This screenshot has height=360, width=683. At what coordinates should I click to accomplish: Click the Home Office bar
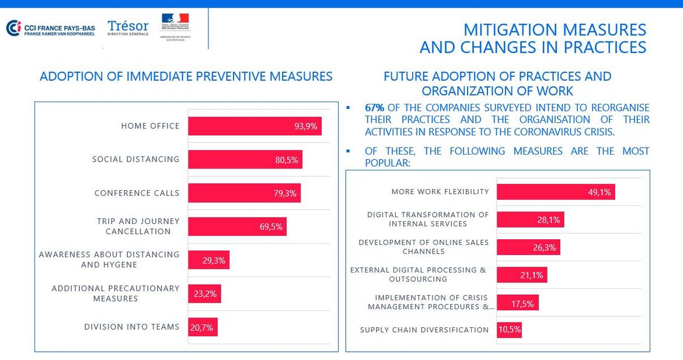[255, 126]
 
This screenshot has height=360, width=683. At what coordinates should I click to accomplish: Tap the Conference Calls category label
[137, 193]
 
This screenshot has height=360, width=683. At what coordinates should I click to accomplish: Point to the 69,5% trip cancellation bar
[237, 226]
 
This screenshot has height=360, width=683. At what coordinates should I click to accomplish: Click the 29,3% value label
[214, 260]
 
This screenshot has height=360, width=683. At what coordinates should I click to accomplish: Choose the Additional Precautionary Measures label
[116, 293]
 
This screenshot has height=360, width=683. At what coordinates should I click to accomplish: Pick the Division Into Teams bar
[203, 327]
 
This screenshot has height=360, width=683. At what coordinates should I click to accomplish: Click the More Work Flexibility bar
[555, 192]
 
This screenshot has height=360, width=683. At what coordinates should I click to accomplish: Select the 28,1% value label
[548, 220]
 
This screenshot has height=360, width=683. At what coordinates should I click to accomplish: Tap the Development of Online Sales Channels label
[424, 247]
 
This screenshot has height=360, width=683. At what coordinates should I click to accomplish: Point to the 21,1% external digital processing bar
[522, 275]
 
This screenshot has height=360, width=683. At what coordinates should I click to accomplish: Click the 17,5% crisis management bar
[518, 302]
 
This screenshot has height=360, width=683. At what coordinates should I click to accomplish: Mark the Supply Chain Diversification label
[424, 330]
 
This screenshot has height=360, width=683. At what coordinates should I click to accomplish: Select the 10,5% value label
[510, 330]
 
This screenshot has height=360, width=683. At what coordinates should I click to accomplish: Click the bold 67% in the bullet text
[374, 108]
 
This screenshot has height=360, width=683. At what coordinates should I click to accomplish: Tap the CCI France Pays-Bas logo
[50, 28]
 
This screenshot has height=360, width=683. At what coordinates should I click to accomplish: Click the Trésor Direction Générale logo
[128, 28]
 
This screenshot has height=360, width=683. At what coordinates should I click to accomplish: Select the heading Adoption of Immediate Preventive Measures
[186, 76]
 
